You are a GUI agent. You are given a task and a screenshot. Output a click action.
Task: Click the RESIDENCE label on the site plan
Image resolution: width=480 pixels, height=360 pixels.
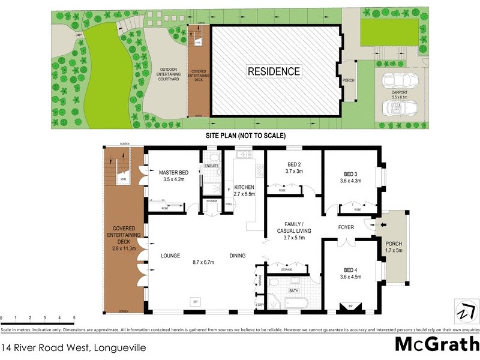274,71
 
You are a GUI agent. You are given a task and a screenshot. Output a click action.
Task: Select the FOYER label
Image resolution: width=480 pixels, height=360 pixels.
347,227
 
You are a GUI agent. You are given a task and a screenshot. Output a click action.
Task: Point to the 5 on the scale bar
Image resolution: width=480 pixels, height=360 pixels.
74,317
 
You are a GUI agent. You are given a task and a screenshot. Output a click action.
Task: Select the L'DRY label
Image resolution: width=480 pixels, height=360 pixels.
260,305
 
